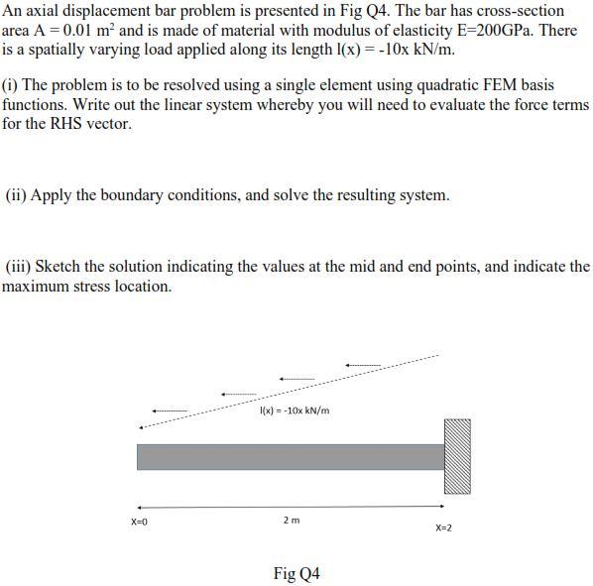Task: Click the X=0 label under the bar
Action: pos(139,522)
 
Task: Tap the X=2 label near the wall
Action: pos(443,527)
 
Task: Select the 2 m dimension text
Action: pos(291,520)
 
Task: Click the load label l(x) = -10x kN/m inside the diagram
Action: pos(295,410)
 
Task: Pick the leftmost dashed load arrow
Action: pos(169,410)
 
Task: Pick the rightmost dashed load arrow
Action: pos(363,365)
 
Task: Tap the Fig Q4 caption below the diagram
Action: pos(296,573)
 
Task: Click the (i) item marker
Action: pos(11,86)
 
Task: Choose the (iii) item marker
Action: pos(19,267)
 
